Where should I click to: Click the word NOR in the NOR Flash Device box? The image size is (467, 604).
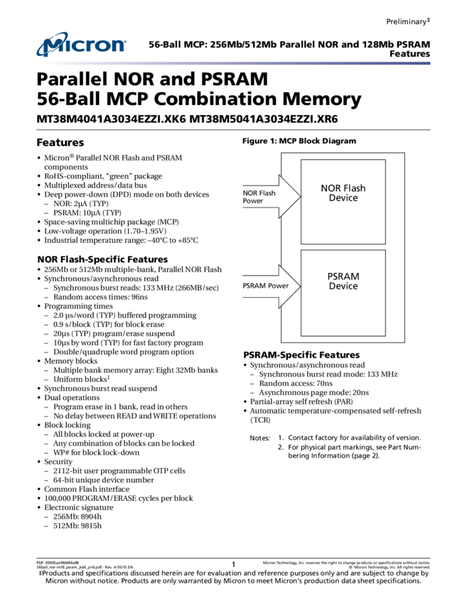(x=331, y=188)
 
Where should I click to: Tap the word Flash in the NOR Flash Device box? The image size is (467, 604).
(x=354, y=188)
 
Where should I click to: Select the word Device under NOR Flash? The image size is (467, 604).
(x=343, y=198)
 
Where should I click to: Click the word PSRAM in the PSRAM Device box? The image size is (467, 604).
(x=343, y=276)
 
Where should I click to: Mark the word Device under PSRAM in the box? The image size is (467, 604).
(x=343, y=286)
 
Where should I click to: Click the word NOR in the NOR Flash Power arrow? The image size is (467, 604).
(x=249, y=193)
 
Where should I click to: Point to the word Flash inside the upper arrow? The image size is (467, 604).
(x=267, y=193)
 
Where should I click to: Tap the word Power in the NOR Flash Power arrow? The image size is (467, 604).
(x=253, y=201)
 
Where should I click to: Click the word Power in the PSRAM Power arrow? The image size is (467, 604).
(x=279, y=286)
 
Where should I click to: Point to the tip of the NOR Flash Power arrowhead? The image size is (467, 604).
(x=300, y=197)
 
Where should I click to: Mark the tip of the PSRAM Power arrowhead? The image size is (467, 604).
(x=300, y=286)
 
